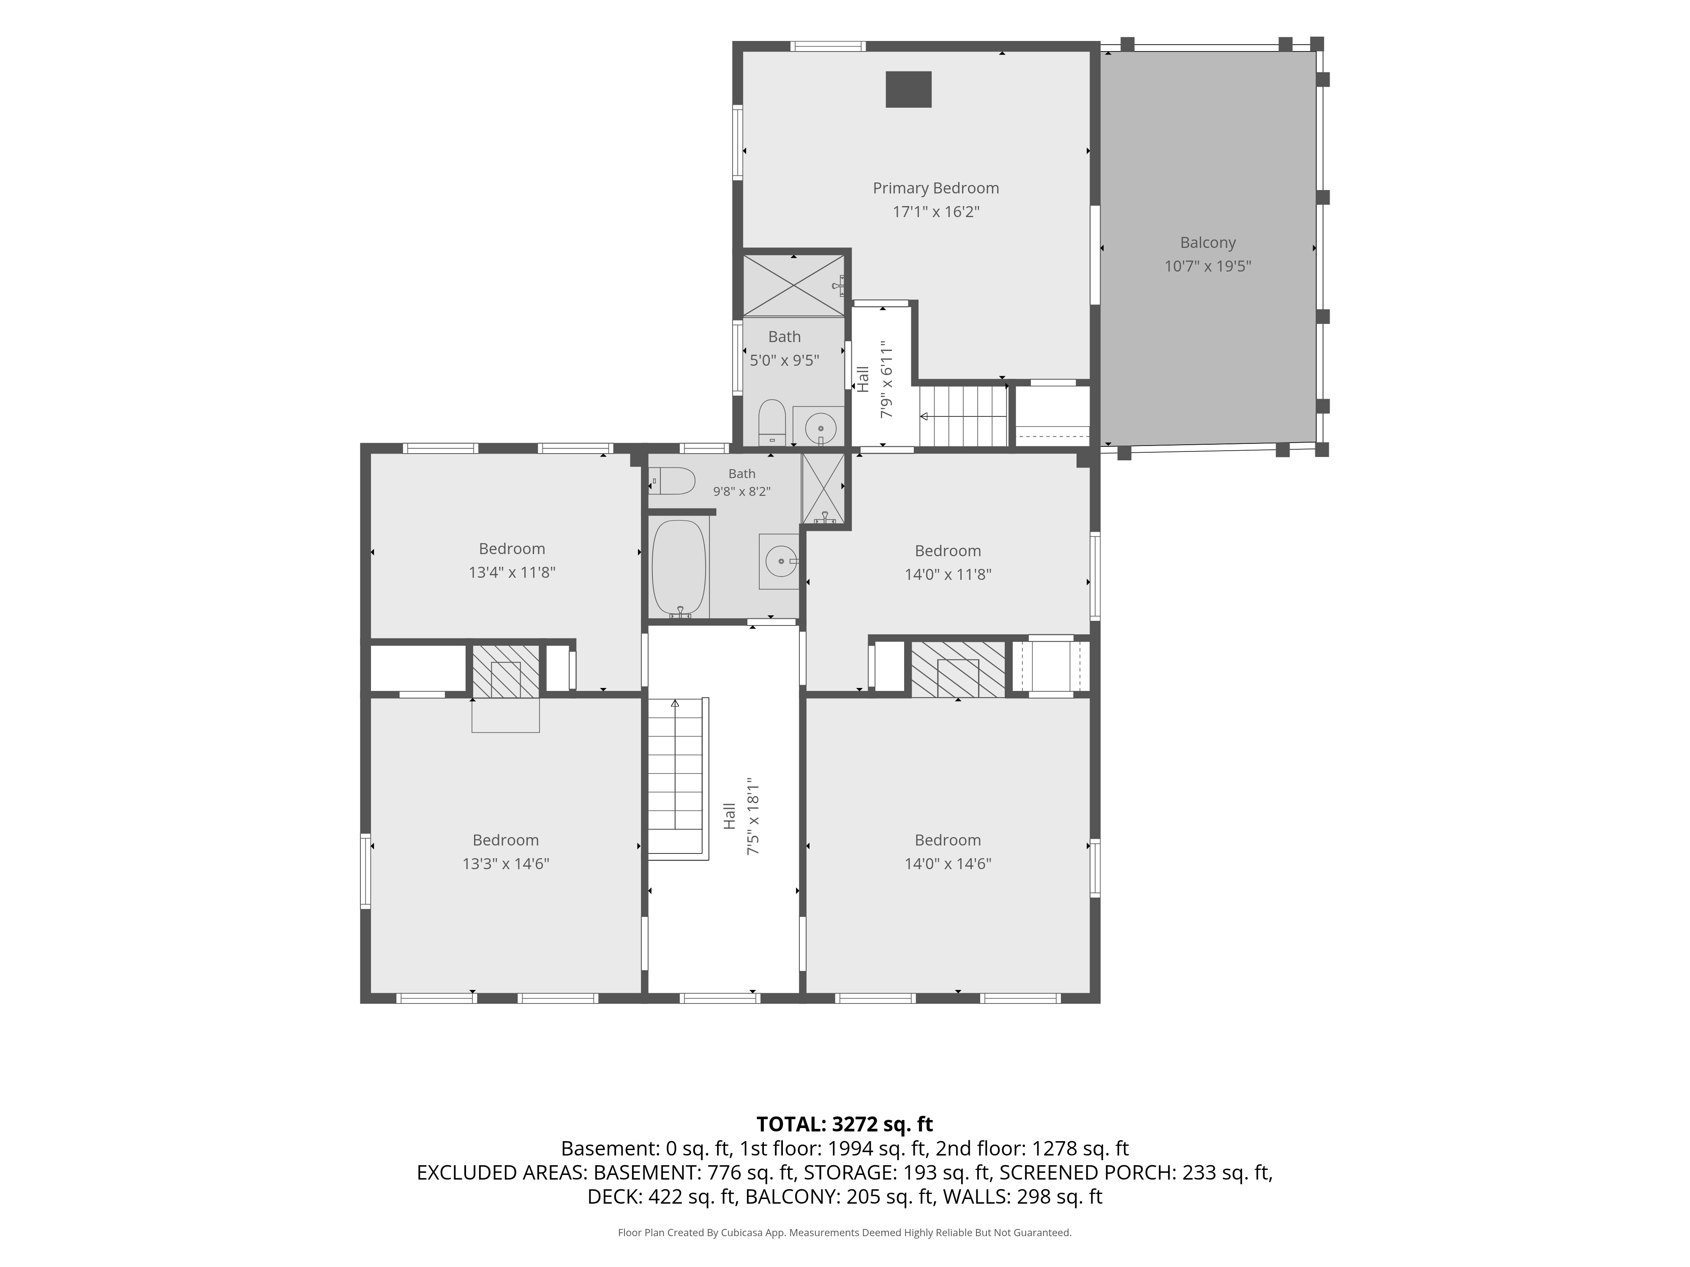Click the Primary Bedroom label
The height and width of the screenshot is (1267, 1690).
pos(936,188)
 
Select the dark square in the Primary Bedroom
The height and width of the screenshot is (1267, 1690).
pos(908,90)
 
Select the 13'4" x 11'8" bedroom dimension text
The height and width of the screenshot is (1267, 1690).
pos(512,572)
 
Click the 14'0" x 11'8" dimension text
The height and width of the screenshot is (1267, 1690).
pos(948,574)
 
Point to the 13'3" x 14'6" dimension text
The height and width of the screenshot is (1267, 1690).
pos(506,864)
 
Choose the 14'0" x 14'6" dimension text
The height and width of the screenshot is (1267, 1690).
pos(948,864)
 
